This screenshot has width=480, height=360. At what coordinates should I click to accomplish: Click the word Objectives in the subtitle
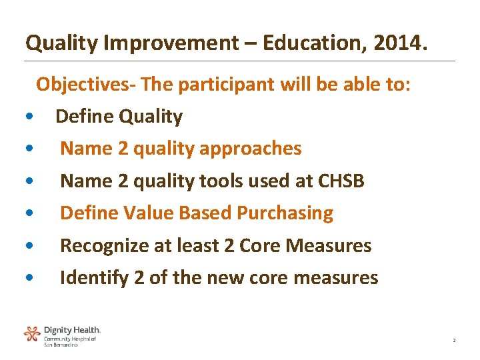click(83, 84)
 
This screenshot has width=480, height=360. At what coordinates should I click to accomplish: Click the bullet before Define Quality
click(25, 117)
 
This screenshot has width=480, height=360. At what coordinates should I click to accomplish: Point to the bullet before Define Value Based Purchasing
click(25, 214)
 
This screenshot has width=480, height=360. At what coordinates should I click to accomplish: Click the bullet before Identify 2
click(25, 278)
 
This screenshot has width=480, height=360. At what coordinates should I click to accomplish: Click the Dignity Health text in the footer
click(72, 330)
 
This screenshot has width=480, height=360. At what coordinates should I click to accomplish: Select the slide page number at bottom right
click(454, 341)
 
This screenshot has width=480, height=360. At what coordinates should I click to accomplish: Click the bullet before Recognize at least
click(25, 246)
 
